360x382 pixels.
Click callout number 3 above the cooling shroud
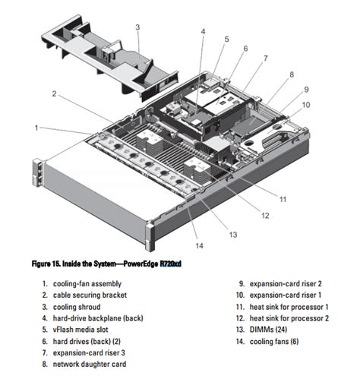point(137,27)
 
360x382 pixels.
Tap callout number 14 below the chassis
point(199,245)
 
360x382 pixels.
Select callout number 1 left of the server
point(36,128)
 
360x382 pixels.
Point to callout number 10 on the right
point(306,105)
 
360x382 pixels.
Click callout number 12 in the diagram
point(265,216)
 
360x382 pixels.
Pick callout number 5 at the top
point(226,39)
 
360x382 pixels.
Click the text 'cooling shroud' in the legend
point(77,307)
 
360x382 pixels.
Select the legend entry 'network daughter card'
point(90,364)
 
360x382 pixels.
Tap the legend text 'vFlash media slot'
point(81,330)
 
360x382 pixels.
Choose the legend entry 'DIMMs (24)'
point(268,330)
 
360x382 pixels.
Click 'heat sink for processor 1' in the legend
point(289,307)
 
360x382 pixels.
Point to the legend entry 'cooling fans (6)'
point(274,342)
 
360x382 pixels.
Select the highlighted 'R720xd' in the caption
point(171,264)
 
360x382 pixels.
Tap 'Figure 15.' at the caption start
point(46,264)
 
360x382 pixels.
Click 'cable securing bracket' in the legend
point(90,295)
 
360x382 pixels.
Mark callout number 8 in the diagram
point(292,74)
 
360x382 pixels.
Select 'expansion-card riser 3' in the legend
point(89,352)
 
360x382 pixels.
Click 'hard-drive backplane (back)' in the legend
point(98,318)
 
